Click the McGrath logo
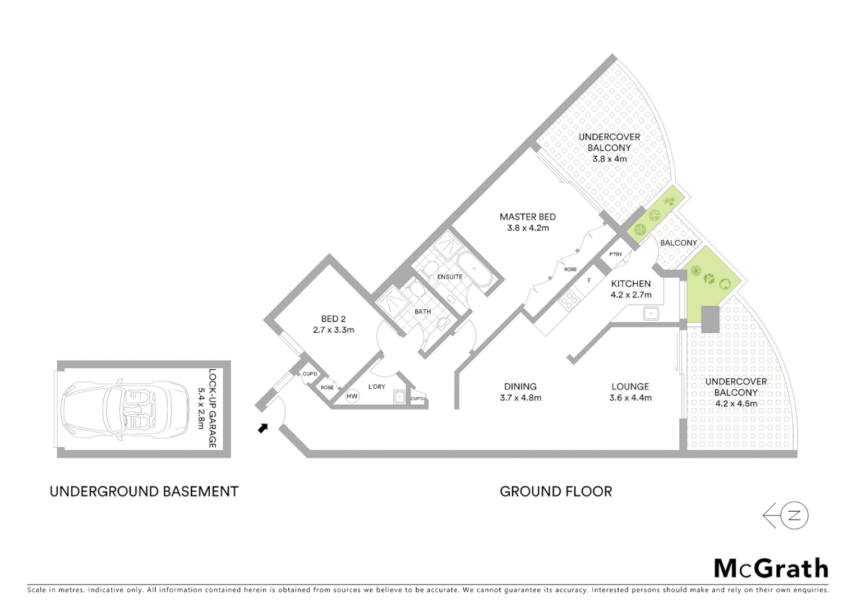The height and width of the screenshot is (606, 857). coord(771,568)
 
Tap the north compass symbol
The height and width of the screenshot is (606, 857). coord(786,516)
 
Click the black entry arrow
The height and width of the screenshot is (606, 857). coord(262,428)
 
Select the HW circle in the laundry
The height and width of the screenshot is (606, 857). coord(352,396)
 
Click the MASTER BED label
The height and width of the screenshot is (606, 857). coord(527,217)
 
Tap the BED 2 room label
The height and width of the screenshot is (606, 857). coord(333,319)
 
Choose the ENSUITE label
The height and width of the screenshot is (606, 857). coord(450,277)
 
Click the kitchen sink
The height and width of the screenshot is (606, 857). coord(651,313)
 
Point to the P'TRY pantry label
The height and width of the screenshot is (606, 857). coord(615,255)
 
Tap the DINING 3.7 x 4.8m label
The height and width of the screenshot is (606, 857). coord(520,392)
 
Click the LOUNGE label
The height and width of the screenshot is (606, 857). coord(630,387)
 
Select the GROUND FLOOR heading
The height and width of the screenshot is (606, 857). coord(555,492)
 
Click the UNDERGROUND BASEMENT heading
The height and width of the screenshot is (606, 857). coord(144,492)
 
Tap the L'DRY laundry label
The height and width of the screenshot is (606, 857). coord(376,387)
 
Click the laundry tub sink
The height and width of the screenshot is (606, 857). coord(399,397)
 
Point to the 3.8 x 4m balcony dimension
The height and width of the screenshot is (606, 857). coord(609,159)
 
